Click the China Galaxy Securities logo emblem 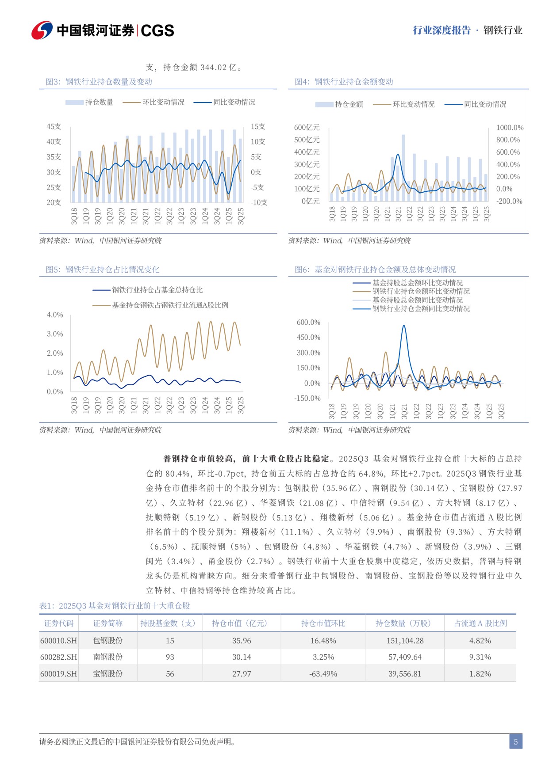tap(42, 30)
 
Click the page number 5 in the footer tap(515, 741)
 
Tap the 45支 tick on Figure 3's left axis tap(54, 127)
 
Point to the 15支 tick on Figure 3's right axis tap(258, 127)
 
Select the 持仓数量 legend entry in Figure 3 tap(89, 103)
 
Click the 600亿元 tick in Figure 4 tap(307, 128)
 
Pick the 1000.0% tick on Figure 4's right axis tap(510, 128)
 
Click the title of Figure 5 tap(102, 270)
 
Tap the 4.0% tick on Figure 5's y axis tap(55, 315)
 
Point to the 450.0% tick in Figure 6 tap(308, 338)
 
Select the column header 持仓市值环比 tap(323, 623)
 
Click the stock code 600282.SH tap(58, 657)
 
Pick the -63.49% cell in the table tap(323, 674)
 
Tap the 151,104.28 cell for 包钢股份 tap(405, 641)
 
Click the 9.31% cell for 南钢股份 tap(480, 657)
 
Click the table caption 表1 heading tap(115, 606)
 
